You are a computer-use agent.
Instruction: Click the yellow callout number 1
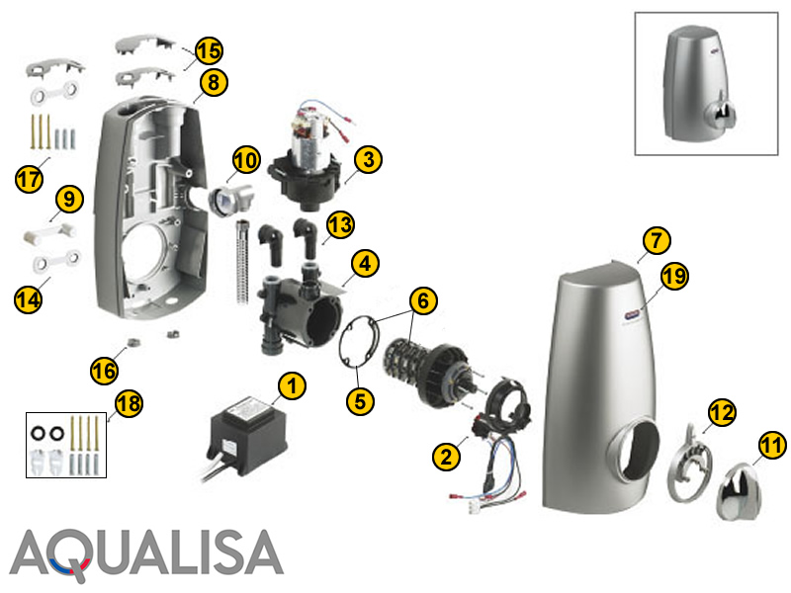(292, 386)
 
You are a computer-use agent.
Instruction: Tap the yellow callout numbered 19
(675, 277)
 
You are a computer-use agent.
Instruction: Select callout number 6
(423, 300)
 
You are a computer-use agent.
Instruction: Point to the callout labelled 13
(340, 225)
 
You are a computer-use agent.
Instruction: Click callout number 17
(30, 179)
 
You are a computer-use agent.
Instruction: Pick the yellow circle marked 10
(246, 160)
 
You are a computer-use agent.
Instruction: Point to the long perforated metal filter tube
(242, 262)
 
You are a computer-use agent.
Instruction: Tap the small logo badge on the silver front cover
(632, 315)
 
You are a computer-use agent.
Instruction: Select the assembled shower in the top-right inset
(699, 83)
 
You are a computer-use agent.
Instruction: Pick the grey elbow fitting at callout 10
(232, 200)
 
